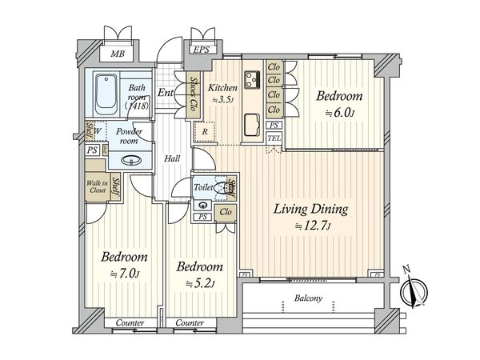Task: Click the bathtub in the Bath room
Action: point(106,94)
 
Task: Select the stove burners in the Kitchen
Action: point(252,79)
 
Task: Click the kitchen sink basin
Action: point(252,124)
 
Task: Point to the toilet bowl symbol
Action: point(221,188)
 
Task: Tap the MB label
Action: point(118,54)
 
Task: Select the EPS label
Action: point(201,50)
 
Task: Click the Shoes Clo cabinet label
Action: point(193,94)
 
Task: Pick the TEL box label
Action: point(274,138)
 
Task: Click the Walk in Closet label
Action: point(98,186)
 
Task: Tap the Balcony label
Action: point(308,298)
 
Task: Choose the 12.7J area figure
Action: point(313,226)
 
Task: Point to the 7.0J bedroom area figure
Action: point(125,274)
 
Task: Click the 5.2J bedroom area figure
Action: point(200,283)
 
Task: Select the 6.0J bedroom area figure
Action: point(339,113)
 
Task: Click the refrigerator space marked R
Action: point(205,132)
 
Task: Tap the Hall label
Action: point(172,158)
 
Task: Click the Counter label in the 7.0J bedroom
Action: point(130,322)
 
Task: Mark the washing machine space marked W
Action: point(97,131)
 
